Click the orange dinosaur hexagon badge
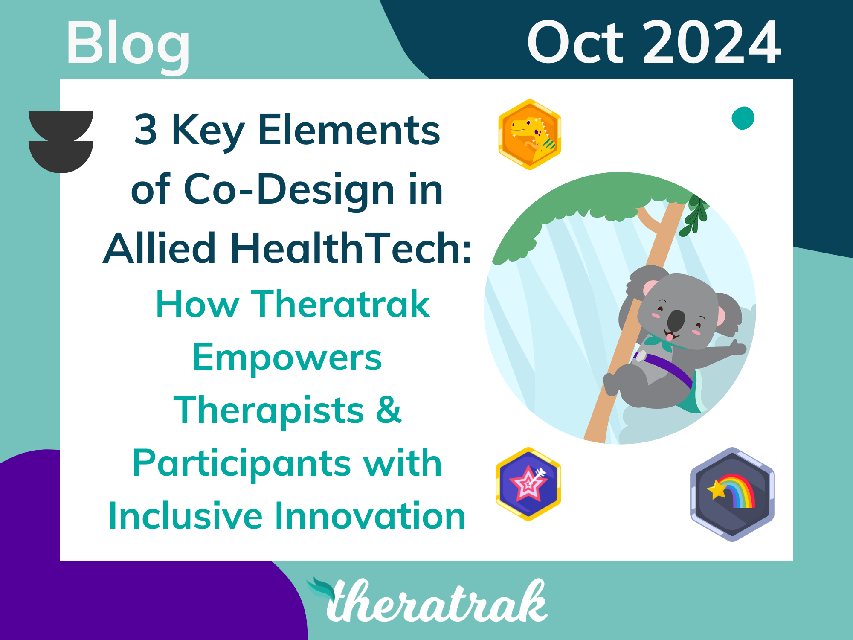pyautogui.click(x=530, y=135)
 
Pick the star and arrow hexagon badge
pyautogui.click(x=528, y=484)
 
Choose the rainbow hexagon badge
pyautogui.click(x=732, y=494)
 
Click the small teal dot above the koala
pyautogui.click(x=743, y=118)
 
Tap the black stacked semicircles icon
pyautogui.click(x=61, y=142)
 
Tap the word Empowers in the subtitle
pyautogui.click(x=287, y=358)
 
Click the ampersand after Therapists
pyautogui.click(x=389, y=410)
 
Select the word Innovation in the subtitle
pyautogui.click(x=370, y=516)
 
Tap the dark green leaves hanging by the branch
pyautogui.click(x=695, y=215)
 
